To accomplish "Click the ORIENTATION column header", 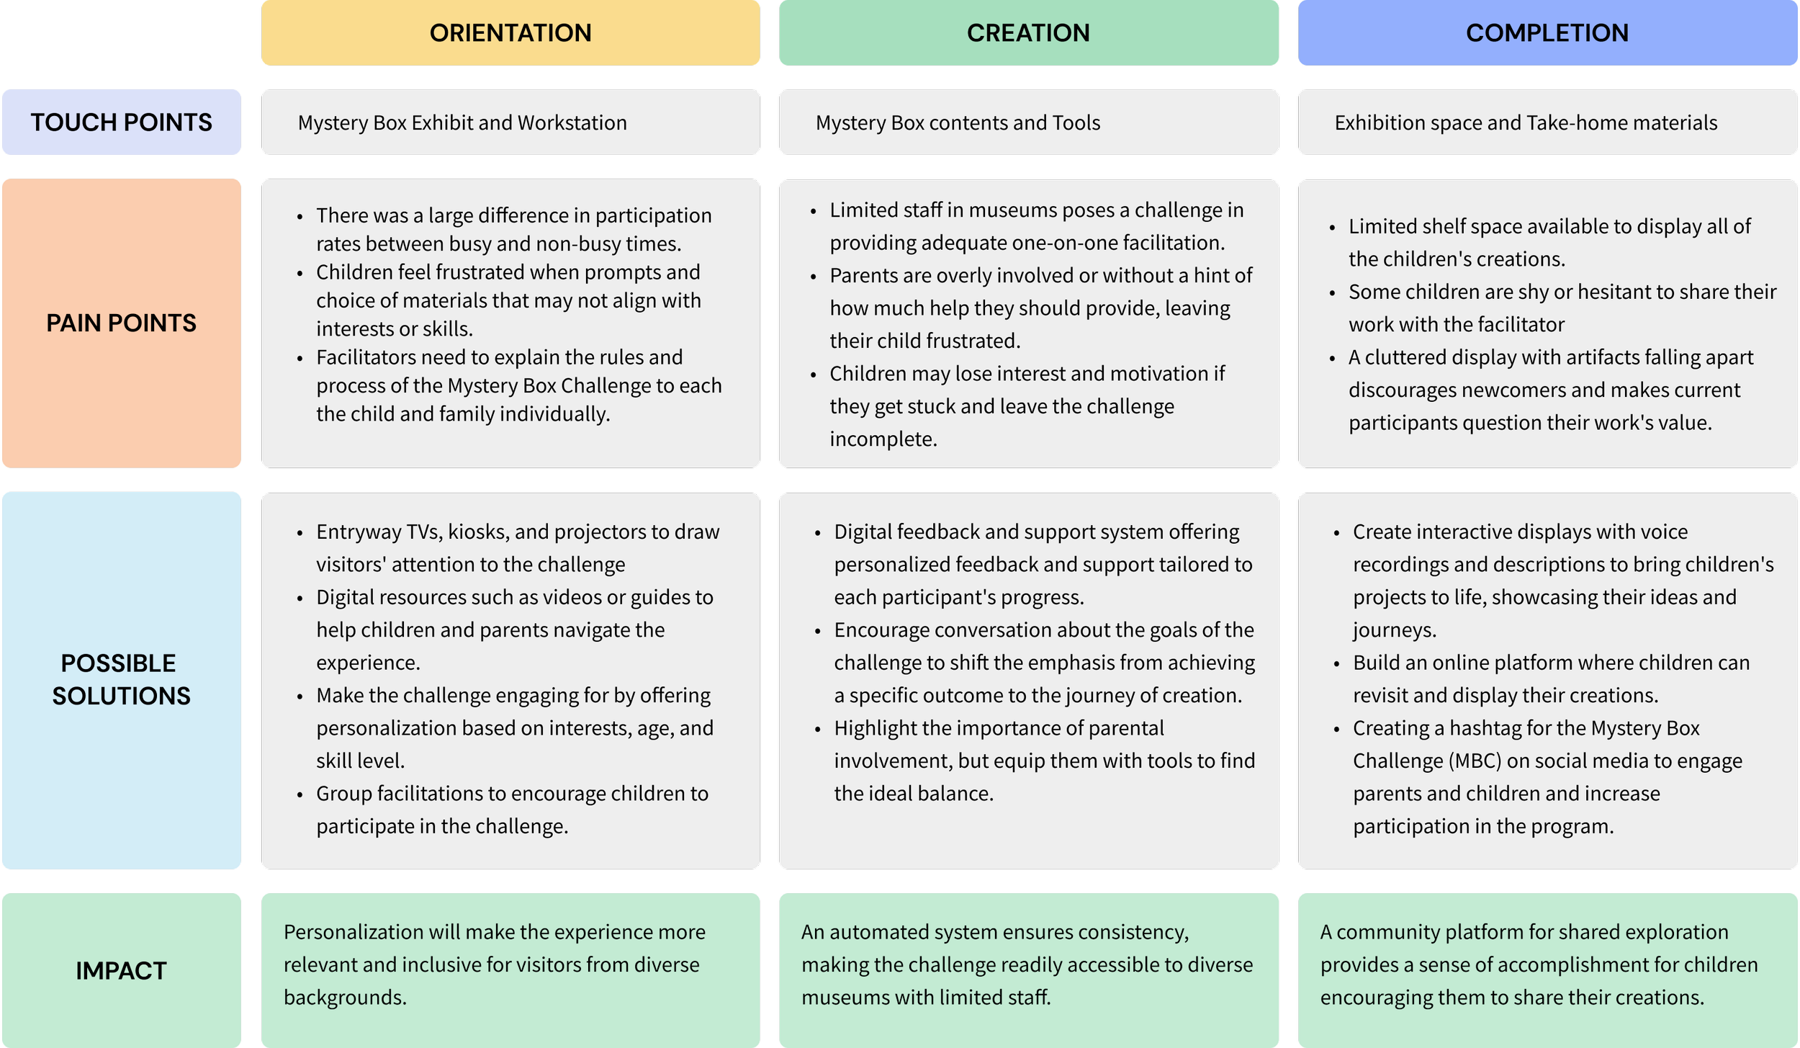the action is (510, 33).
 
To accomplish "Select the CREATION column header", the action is (1028, 33).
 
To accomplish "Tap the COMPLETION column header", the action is (1547, 33).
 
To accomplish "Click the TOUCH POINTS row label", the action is (121, 122).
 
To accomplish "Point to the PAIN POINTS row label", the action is (121, 323).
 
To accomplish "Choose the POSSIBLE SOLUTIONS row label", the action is (121, 679).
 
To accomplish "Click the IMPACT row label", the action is (121, 970).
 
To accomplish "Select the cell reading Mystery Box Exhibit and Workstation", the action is (462, 123).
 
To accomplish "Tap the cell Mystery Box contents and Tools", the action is (958, 123).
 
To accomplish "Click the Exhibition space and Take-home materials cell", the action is (1525, 123).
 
